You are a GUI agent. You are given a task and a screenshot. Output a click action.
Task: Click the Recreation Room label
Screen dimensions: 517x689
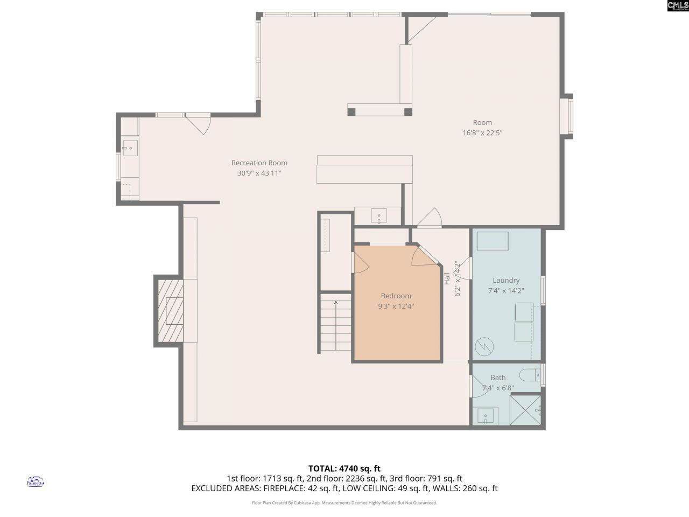pos(259,163)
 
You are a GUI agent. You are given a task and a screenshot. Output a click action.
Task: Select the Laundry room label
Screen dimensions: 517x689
pos(506,280)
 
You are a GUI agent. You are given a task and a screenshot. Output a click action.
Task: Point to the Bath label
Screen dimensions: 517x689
pos(498,378)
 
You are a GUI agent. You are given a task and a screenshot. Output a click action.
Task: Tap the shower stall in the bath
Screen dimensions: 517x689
pos(525,410)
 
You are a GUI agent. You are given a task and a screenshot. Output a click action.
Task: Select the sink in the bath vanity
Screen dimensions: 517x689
pos(486,416)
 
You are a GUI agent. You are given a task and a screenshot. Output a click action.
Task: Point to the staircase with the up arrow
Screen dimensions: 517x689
pos(335,323)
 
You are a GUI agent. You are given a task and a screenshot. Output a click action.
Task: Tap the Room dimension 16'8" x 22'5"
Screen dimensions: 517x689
pos(482,132)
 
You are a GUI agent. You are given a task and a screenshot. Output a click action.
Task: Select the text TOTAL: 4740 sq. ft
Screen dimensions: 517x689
pos(344,468)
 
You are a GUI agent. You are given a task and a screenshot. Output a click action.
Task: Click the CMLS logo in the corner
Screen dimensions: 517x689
pos(678,6)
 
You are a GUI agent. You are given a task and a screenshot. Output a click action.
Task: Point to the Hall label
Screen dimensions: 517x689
pos(447,278)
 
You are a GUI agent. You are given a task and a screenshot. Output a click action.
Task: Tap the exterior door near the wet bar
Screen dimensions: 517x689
pos(198,123)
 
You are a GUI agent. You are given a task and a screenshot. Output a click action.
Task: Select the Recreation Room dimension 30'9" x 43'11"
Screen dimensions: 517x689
pos(259,173)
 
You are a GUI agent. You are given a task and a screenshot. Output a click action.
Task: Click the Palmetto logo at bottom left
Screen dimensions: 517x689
pos(35,481)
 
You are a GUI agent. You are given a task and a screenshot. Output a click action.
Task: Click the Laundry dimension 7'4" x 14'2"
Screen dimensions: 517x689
pos(506,290)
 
